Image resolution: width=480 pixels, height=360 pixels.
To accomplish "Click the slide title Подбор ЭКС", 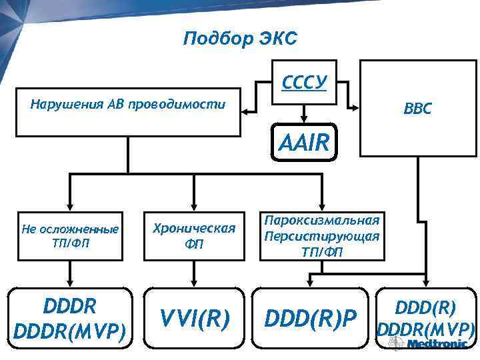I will coord(239,39).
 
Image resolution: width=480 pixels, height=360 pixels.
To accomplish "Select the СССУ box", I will coord(304,84).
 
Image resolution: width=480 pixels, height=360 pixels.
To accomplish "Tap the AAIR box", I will coord(304,141).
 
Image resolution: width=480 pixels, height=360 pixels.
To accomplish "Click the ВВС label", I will coord(417,108).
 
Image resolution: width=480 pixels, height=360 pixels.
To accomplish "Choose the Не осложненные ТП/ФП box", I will coord(70,235).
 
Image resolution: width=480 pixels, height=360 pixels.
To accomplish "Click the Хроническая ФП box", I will coord(194,235).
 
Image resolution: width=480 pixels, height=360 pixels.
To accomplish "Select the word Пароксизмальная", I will coord(322,221).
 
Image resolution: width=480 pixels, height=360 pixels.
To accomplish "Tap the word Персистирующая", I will coord(322,236).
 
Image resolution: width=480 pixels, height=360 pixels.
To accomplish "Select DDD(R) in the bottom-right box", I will coord(425,307).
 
